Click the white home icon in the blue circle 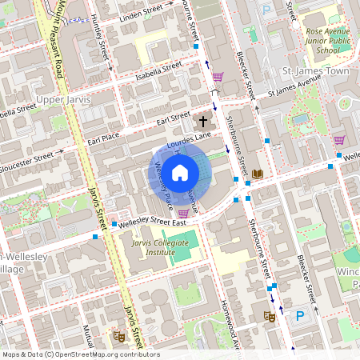pos(180,172)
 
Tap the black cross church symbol pos(202,122)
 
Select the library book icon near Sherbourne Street pos(258,174)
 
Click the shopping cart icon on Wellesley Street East pos(184,213)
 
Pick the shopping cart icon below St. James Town pos(338,140)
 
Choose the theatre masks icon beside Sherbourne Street pos(270,317)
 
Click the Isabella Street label pos(159,70)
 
